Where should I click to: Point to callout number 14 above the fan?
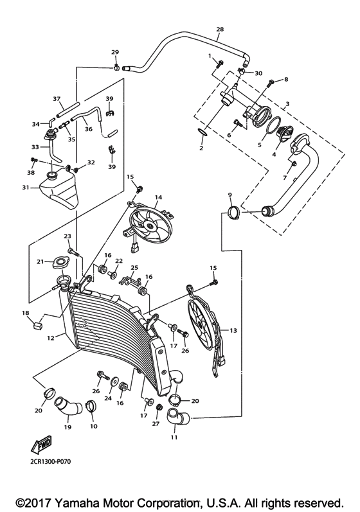157,197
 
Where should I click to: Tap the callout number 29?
115,51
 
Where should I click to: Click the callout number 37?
56,100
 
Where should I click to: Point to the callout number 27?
155,424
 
